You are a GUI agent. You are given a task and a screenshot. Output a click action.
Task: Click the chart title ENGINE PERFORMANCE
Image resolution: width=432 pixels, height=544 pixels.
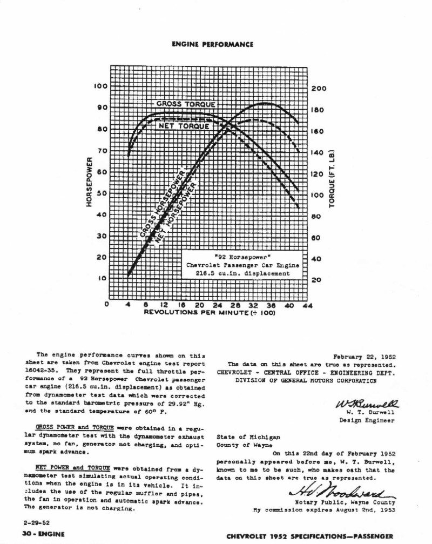[x=212, y=44]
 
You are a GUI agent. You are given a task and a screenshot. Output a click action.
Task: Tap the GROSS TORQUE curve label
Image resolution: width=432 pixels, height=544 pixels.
[x=186, y=104]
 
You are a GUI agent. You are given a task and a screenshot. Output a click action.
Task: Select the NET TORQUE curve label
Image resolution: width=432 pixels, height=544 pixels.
[x=184, y=126]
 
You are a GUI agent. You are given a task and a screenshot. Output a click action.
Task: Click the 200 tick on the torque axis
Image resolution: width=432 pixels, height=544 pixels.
[x=319, y=89]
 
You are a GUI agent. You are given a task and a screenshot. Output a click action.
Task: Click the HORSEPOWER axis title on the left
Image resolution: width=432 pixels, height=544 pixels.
[x=89, y=182]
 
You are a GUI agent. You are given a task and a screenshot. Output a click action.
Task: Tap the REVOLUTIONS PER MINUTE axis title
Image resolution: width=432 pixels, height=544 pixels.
[x=210, y=313]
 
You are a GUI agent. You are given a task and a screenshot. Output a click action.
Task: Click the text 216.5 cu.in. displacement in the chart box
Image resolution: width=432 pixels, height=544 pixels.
[x=242, y=273]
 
